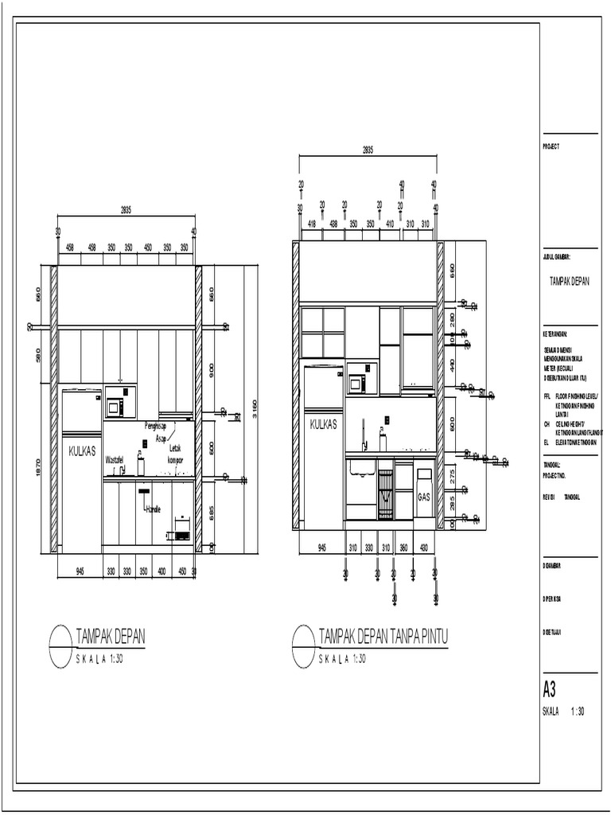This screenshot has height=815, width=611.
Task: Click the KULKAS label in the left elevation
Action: (81, 450)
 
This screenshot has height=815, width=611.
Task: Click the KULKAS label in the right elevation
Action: (324, 425)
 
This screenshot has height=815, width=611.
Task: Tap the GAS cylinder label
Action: (423, 495)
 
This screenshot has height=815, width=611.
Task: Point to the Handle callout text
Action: (153, 509)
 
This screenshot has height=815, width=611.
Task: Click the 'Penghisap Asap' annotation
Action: (154, 431)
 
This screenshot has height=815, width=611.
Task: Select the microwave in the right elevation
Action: (356, 383)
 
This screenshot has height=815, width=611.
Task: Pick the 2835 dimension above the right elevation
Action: (368, 150)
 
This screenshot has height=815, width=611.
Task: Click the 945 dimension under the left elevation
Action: (80, 571)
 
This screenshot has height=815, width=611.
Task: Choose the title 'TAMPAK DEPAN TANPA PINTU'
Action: (383, 636)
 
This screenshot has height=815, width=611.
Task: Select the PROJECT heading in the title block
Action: (551, 146)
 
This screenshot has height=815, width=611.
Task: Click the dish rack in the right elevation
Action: (385, 493)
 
